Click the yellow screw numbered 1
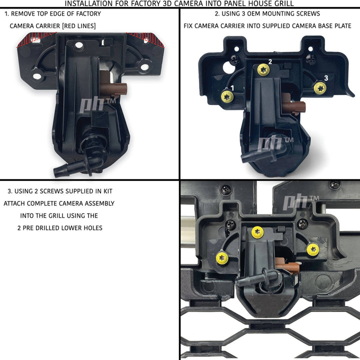(227, 96)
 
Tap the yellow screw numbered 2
(263, 69)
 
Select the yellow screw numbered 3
(320, 88)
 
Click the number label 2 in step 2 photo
(270, 61)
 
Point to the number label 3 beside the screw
(326, 78)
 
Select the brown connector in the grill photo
(287, 266)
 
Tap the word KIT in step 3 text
(108, 191)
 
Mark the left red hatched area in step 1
(35, 39)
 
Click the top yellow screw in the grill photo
(257, 232)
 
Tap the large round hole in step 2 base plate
(229, 67)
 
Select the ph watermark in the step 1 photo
(97, 105)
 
